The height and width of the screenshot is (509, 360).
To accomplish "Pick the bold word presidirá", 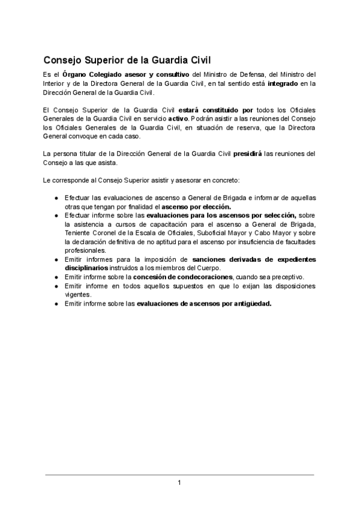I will (252, 153).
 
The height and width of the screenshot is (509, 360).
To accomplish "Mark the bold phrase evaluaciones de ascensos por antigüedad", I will (204, 303).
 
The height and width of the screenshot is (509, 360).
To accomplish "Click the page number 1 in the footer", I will (179, 483).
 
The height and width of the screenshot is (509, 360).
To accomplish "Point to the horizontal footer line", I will (179, 475).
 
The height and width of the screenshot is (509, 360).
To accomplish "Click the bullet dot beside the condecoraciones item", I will (55, 277).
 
